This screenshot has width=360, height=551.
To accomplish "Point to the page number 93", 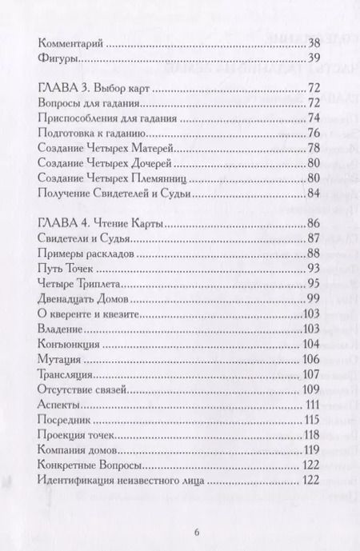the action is pos(313,268).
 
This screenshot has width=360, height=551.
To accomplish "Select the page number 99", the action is pos(313,298).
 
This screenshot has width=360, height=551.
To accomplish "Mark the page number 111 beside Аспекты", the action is pos(311,404).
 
